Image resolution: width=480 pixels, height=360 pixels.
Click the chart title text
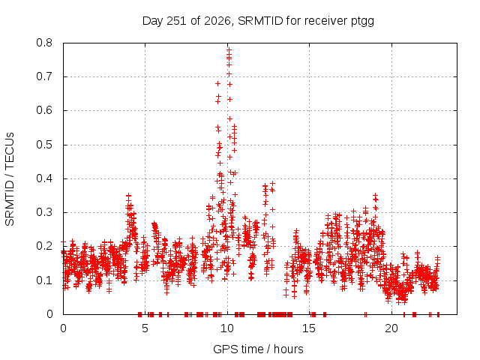coord(258,21)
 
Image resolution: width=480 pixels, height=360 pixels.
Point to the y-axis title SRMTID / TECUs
coord(10,179)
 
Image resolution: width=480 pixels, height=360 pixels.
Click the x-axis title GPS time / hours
coord(258,349)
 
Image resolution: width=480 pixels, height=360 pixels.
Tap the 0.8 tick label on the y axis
coord(44,43)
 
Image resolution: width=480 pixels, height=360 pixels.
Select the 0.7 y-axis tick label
coord(44,76)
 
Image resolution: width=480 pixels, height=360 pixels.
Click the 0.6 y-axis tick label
coord(44,110)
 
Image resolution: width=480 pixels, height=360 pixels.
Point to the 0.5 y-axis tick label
coord(44,145)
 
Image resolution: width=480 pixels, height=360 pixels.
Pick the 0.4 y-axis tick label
coord(44,178)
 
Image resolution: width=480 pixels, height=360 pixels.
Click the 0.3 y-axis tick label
coord(44,212)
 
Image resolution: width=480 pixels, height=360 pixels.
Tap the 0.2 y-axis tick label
coord(44,246)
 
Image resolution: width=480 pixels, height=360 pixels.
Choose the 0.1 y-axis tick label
coord(44,280)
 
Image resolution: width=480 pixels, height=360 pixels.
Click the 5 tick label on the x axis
coord(145,328)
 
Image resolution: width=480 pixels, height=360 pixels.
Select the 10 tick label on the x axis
coord(227,328)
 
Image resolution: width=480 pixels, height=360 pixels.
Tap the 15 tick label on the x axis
coord(309,328)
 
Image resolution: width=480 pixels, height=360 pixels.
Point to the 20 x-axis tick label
coord(391,328)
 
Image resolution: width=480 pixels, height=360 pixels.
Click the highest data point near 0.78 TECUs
coord(229,49)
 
